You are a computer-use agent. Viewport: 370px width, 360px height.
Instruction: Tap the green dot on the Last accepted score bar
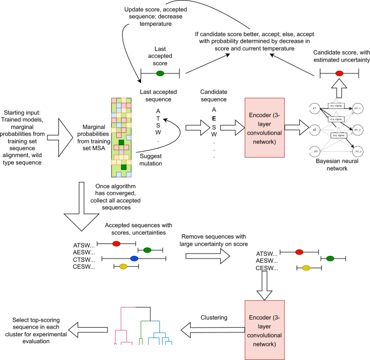pos(160,73)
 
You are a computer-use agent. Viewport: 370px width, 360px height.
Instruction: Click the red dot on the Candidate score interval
pos(339,73)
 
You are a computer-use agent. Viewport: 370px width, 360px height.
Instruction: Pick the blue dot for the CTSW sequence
pos(134,259)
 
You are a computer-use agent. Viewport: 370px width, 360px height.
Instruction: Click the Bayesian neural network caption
pos(333,165)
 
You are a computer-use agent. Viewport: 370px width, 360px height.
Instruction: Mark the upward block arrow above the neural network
pos(339,90)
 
